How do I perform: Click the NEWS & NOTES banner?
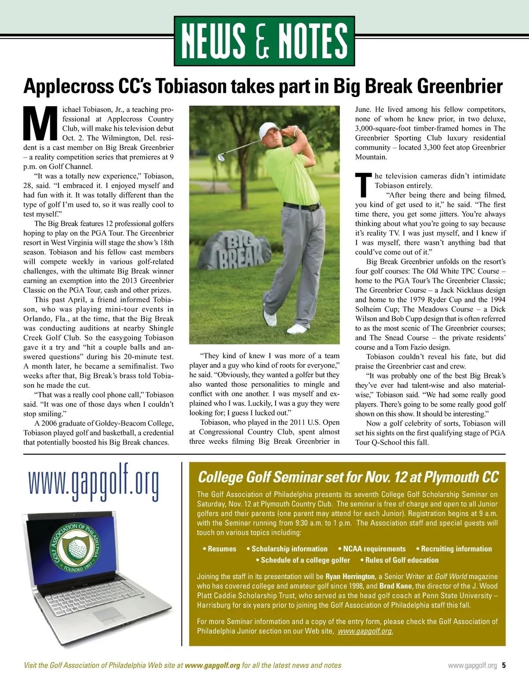tap(264, 41)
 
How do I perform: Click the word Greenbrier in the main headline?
tap(459, 86)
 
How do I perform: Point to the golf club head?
tap(222, 158)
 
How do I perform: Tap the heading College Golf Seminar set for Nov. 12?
tap(348, 477)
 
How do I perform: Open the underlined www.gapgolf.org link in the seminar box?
tap(365, 631)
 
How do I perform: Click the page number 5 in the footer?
tap(503, 665)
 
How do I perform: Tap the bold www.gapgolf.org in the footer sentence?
tap(212, 665)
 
